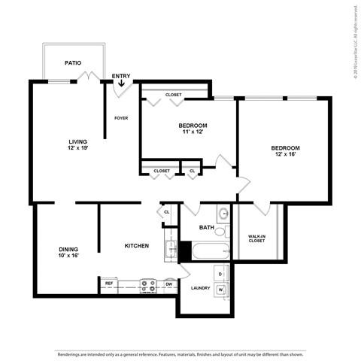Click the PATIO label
(x=72, y=64)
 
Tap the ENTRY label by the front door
(x=120, y=76)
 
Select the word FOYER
(x=120, y=118)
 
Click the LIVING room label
(x=78, y=144)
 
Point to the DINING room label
(x=69, y=252)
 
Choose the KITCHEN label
(x=136, y=246)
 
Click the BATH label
(x=207, y=227)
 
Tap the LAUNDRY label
(x=200, y=287)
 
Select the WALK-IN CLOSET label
(x=256, y=238)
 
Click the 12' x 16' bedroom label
(x=286, y=152)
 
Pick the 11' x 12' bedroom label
(x=193, y=129)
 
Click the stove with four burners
(x=148, y=285)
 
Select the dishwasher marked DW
(x=168, y=284)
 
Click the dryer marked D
(x=221, y=273)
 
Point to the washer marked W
(x=221, y=289)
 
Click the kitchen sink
(x=171, y=250)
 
